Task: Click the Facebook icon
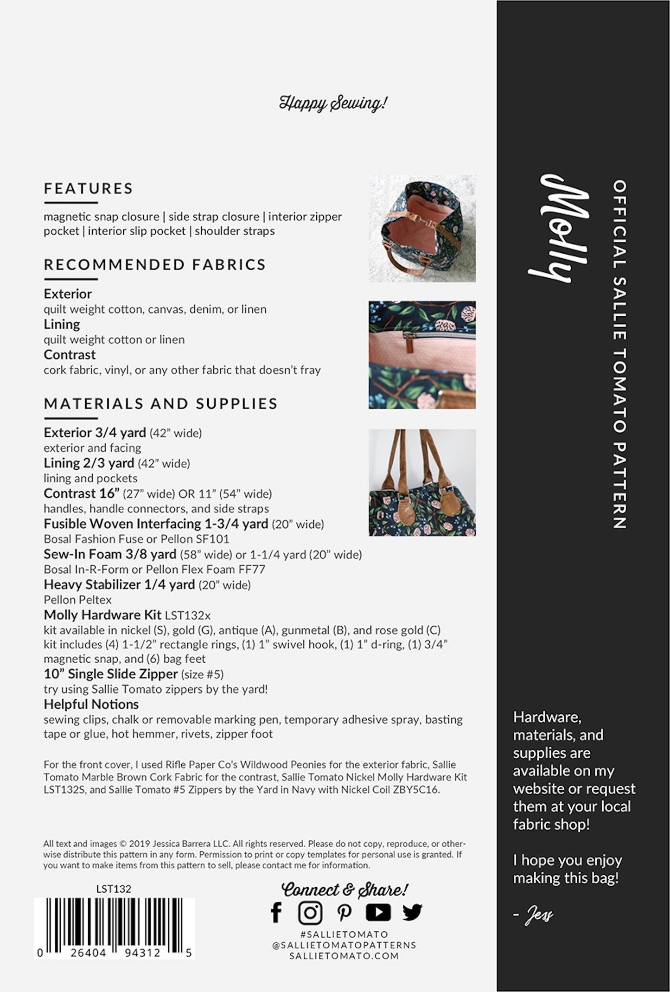(276, 913)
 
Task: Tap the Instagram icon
(310, 913)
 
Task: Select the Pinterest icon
(344, 913)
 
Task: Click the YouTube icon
(378, 912)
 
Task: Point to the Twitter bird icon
(412, 912)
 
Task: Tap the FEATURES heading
(89, 188)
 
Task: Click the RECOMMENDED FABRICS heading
(155, 264)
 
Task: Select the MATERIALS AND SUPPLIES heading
(160, 403)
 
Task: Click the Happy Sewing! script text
(333, 103)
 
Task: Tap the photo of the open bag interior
(422, 228)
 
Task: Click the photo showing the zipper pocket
(422, 355)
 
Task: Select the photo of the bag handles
(422, 482)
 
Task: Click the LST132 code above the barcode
(114, 889)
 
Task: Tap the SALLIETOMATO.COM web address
(344, 955)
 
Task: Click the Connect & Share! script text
(345, 889)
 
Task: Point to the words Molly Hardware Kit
(102, 615)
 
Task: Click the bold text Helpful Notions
(91, 704)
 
